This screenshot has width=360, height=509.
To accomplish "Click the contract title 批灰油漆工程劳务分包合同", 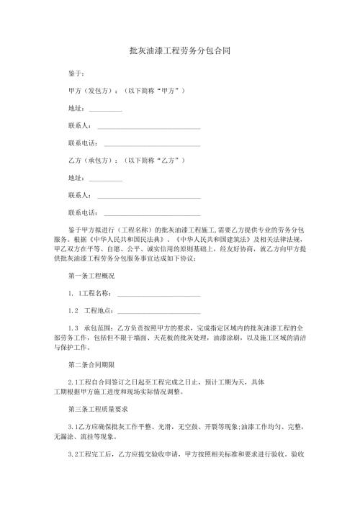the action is click(x=179, y=52).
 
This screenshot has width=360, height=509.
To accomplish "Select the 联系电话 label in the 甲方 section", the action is click(x=83, y=143).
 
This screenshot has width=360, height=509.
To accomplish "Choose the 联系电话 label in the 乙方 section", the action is click(x=83, y=212).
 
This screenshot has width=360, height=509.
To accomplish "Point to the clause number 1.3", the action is click(x=73, y=328).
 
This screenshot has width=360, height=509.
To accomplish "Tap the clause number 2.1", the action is click(x=72, y=382).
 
